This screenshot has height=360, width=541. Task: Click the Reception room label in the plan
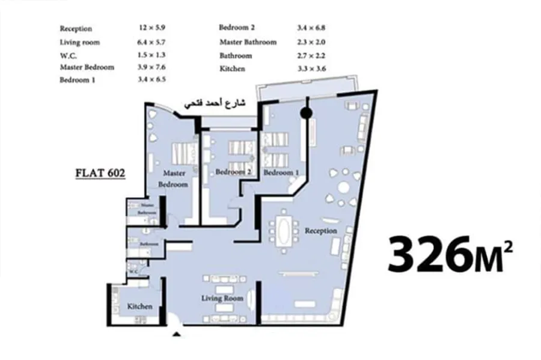click(320, 231)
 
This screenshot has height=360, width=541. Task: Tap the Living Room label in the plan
click(222, 298)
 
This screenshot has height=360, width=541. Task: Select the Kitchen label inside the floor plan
click(139, 307)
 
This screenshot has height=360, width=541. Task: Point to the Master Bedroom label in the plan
click(173, 179)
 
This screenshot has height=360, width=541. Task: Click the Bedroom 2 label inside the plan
click(233, 172)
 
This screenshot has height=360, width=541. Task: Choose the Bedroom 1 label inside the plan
click(281, 172)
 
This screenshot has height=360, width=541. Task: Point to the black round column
click(305, 112)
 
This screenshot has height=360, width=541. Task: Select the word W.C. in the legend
click(67, 55)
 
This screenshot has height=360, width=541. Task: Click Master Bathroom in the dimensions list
click(248, 42)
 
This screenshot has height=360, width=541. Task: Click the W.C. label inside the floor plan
click(133, 271)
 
